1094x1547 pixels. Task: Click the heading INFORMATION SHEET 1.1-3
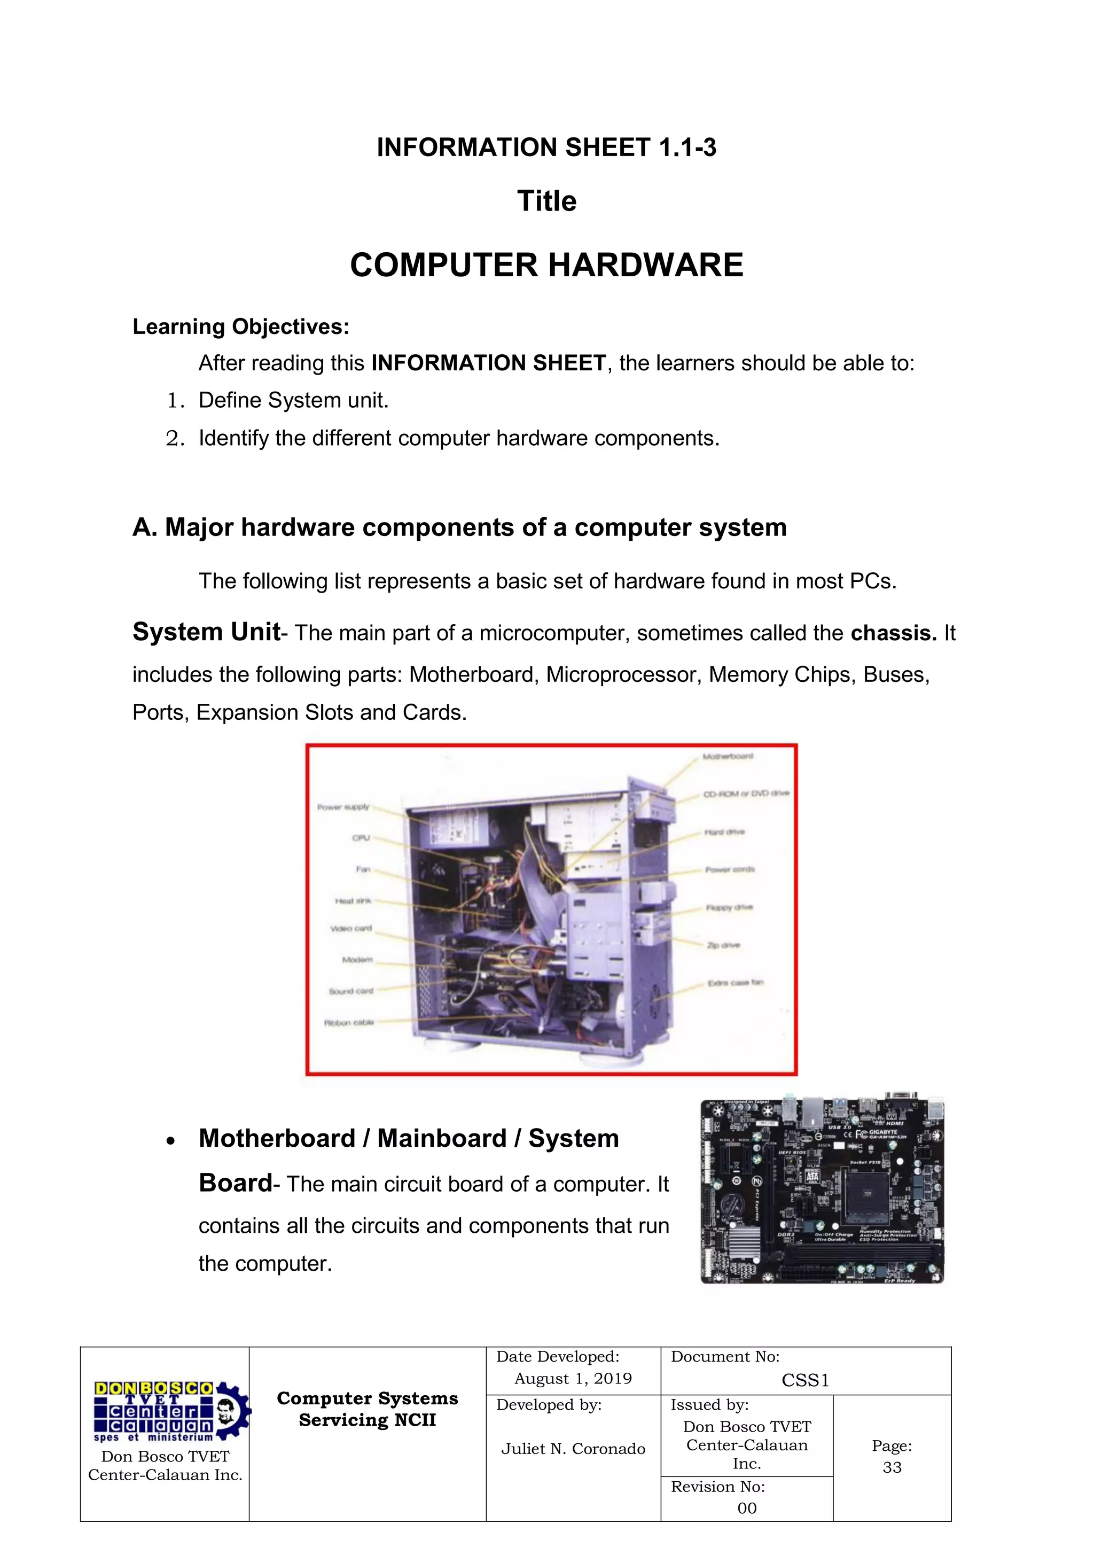(x=546, y=147)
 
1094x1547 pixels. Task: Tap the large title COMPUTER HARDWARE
(x=546, y=265)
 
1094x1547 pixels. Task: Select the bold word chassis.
(x=893, y=633)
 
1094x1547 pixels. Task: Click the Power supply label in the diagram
(x=343, y=806)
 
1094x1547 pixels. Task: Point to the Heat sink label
(x=353, y=901)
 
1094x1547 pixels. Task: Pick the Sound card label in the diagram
(x=350, y=991)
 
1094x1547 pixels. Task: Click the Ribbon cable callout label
(x=348, y=1023)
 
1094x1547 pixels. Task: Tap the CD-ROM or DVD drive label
(x=746, y=793)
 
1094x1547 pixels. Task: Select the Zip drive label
(x=723, y=945)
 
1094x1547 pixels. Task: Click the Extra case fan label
(x=735, y=983)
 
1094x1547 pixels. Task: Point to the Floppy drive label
(x=729, y=907)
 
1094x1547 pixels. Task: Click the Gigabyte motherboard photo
(x=822, y=1191)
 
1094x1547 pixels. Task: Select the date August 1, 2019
(x=573, y=1379)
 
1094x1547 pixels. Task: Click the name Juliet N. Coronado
(x=573, y=1449)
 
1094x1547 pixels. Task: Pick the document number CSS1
(x=805, y=1381)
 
